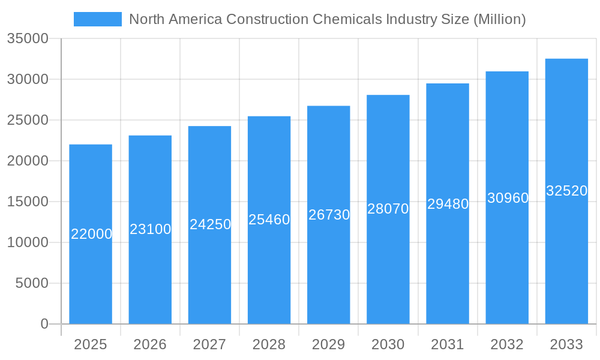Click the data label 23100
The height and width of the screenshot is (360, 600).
[x=151, y=229]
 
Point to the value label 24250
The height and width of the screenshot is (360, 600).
[x=210, y=224]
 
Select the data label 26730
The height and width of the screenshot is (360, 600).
[x=329, y=215]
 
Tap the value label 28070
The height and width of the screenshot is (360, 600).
[x=388, y=209]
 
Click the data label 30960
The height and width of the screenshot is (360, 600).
[x=508, y=197]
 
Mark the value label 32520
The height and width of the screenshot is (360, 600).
[x=566, y=191]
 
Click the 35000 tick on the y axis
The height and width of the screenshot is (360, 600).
[x=27, y=38]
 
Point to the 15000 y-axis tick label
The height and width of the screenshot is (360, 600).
[x=27, y=202]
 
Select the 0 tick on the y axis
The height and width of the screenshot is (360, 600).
[x=44, y=324]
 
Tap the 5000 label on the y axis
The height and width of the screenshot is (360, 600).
[x=31, y=283]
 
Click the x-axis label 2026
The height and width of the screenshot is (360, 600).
[x=150, y=344]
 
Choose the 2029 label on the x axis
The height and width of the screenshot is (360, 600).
[x=329, y=344]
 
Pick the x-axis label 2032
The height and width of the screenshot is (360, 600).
[x=507, y=344]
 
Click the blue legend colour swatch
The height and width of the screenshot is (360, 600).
[x=97, y=19]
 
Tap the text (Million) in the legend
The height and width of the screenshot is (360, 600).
[x=499, y=19]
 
